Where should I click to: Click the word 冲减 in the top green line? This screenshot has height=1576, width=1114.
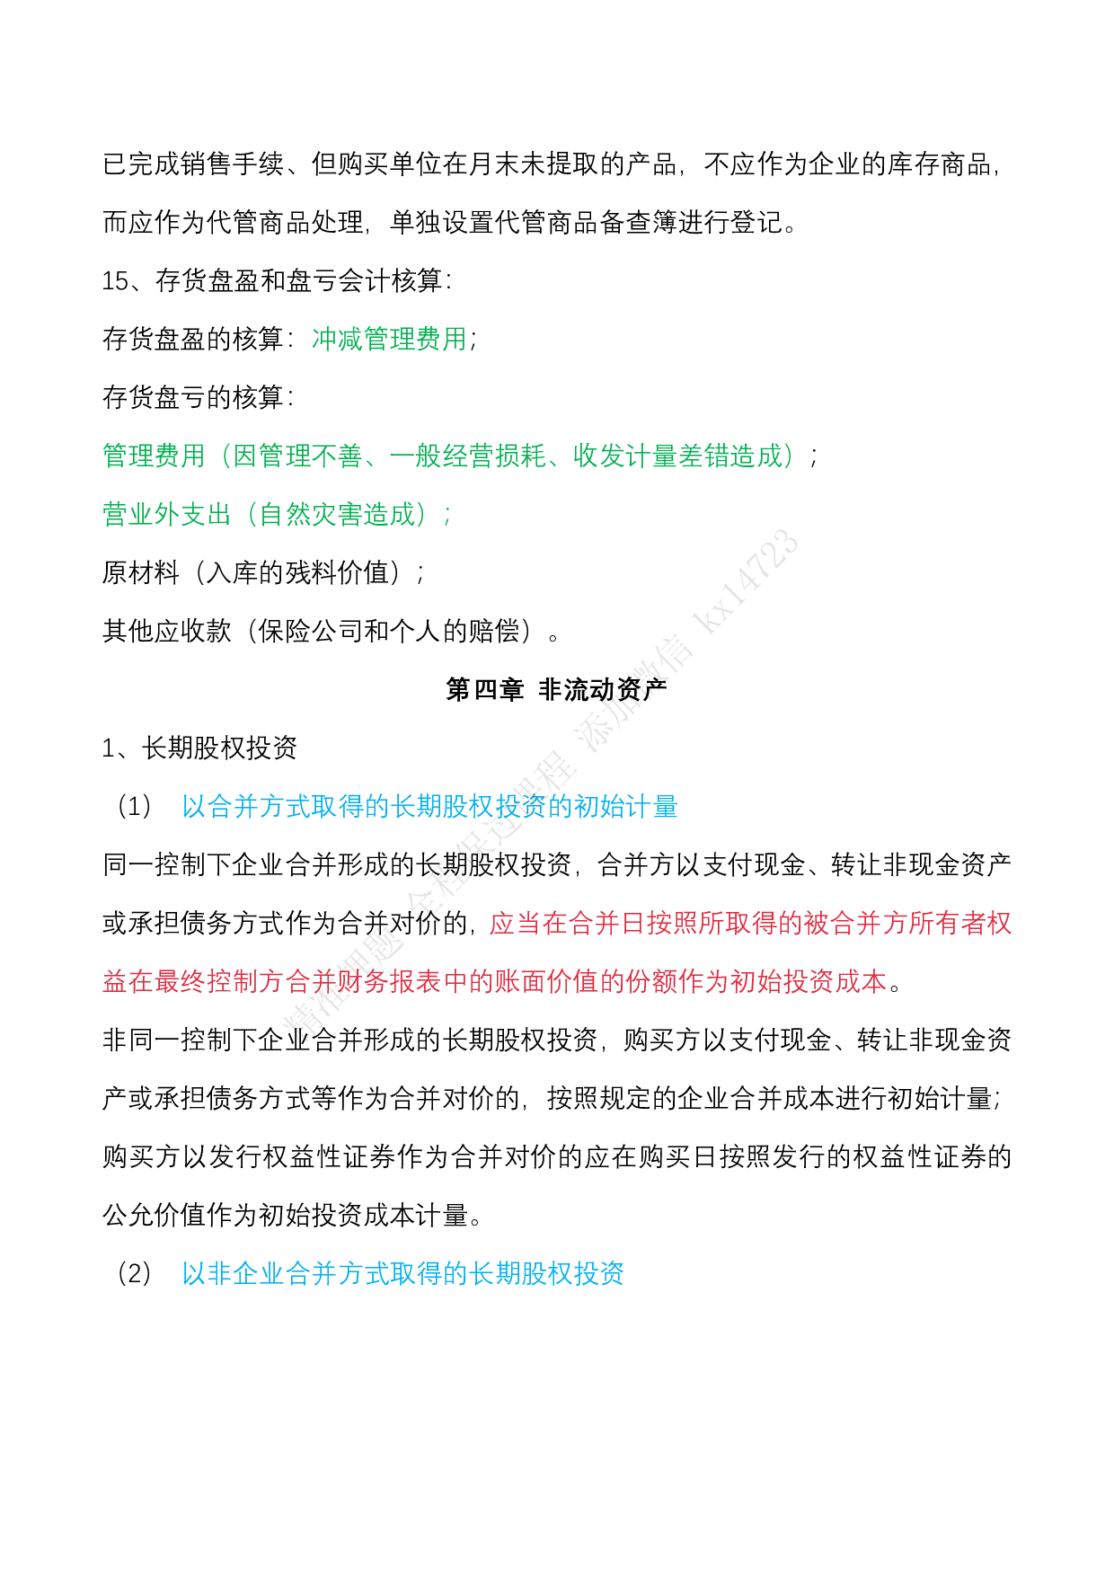337,339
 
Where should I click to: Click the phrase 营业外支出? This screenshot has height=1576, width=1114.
167,514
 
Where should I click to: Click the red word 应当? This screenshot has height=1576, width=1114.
515,923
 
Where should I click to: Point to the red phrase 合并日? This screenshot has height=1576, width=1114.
606,923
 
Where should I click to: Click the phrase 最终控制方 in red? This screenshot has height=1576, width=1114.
220,981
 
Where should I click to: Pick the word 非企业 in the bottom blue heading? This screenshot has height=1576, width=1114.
246,1273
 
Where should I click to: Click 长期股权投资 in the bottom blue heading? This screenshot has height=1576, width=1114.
547,1273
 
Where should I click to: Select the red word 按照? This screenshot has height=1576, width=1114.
672,923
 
